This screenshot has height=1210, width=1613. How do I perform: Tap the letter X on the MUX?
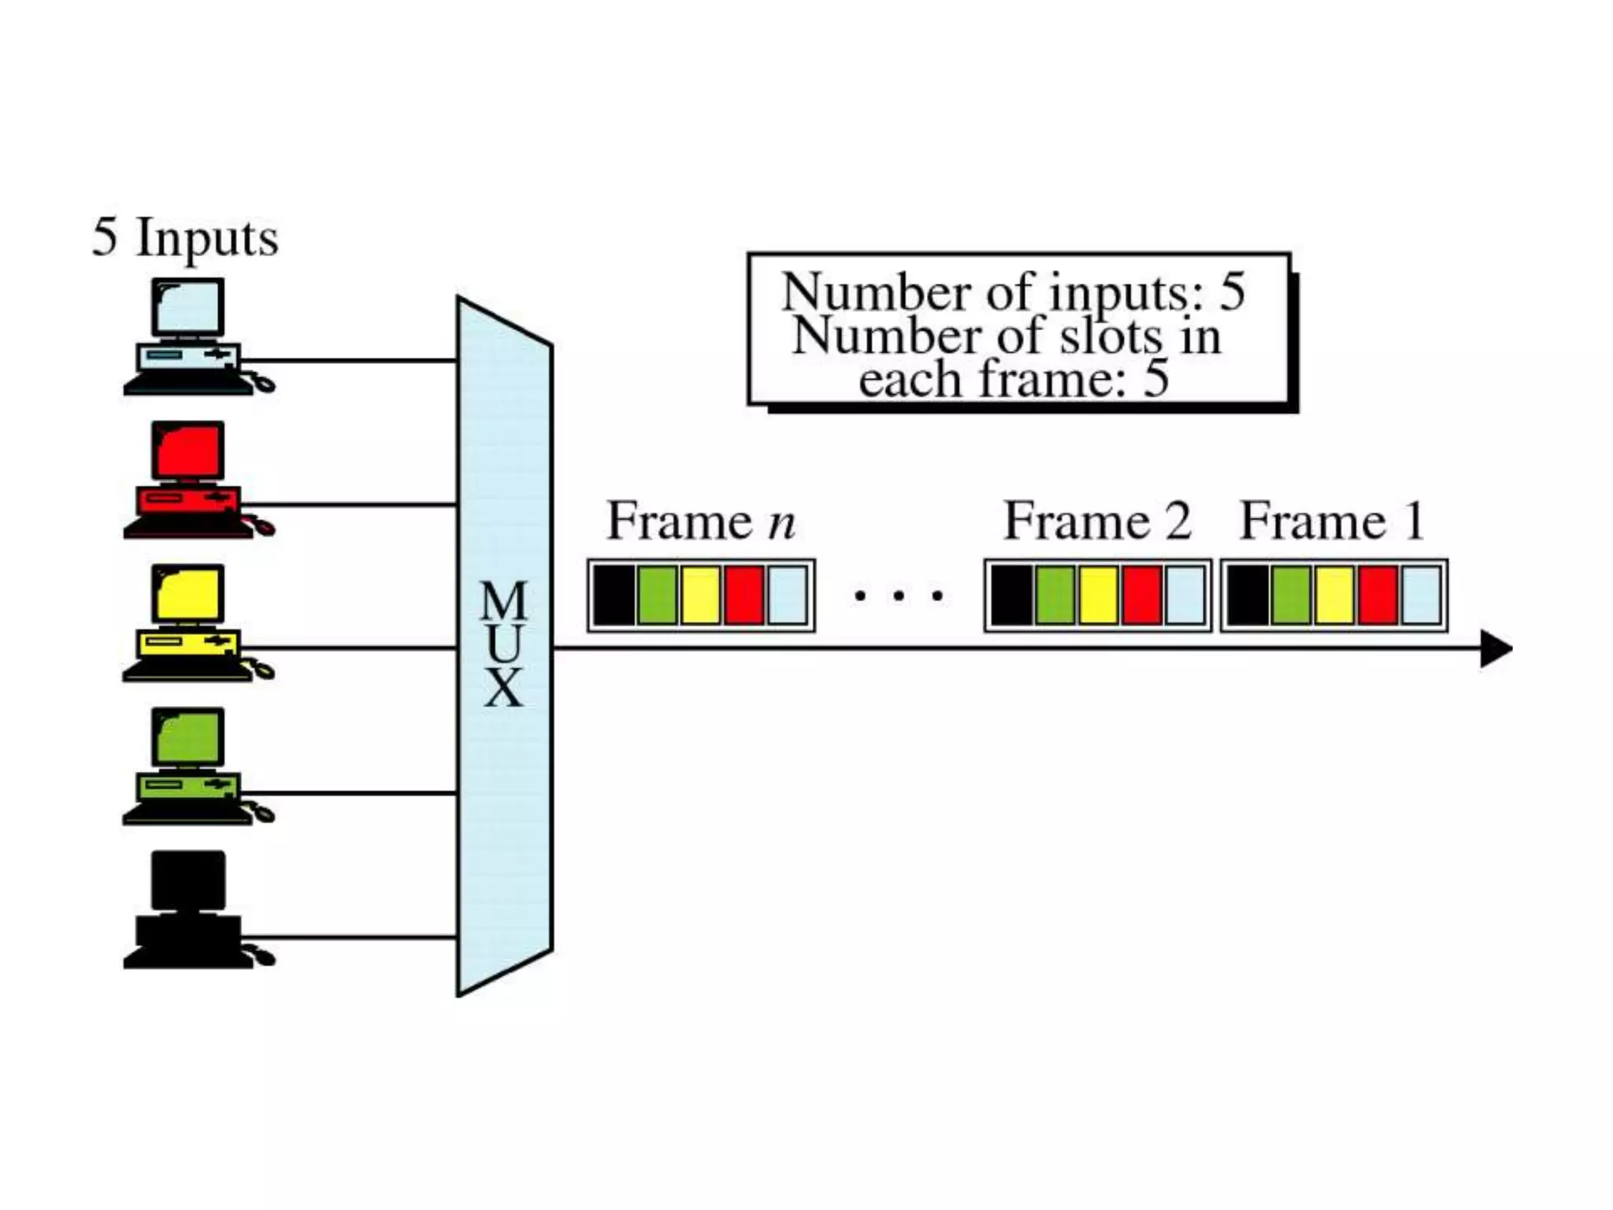(503, 688)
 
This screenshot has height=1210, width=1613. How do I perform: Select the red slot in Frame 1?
(1378, 596)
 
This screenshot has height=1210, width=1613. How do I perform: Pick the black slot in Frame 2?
(1011, 596)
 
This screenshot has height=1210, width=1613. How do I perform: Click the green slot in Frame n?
(657, 596)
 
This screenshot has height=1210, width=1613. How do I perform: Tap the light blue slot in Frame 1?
(1421, 596)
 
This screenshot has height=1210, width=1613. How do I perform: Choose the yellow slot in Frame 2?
(1098, 596)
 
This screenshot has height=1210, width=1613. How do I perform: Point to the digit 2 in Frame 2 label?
(1178, 521)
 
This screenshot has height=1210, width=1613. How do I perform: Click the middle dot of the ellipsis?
(899, 596)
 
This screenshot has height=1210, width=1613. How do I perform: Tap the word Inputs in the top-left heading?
(207, 237)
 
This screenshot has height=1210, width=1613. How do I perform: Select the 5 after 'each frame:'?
(1155, 379)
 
